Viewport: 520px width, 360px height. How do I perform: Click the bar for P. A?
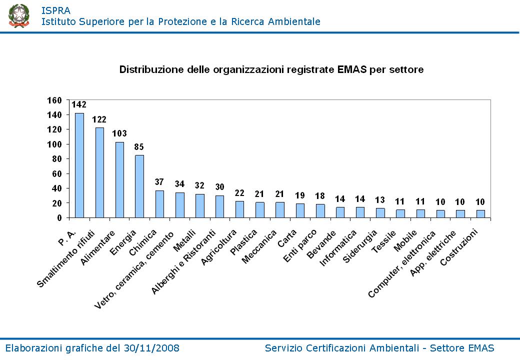tap(79, 165)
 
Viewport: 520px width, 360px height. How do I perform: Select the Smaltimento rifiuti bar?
tap(99, 172)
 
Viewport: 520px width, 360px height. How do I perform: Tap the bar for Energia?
tap(139, 186)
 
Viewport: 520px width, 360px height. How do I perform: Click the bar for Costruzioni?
tap(480, 213)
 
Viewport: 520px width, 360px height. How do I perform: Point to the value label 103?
tap(119, 133)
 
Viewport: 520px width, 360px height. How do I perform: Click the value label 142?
tap(79, 104)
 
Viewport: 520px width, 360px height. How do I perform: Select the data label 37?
tap(159, 182)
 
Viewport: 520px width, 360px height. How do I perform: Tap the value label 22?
tap(239, 193)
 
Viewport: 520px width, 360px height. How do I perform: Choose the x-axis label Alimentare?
tap(101, 248)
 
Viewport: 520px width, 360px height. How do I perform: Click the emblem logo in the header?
tap(18, 15)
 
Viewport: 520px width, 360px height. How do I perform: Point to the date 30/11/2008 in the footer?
tap(152, 348)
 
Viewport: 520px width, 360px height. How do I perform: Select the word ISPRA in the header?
tap(55, 10)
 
